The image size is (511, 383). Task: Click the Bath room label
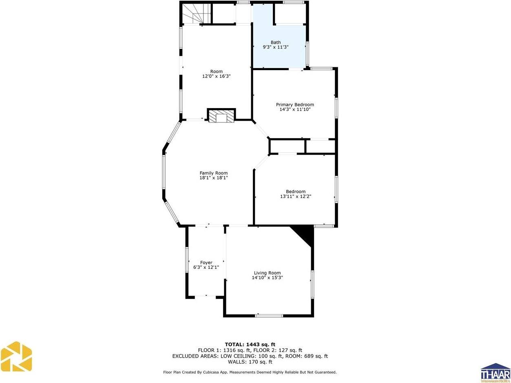click(x=276, y=42)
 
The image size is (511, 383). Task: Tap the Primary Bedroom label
click(x=295, y=105)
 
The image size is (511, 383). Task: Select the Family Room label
click(x=213, y=173)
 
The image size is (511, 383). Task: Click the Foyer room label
click(x=206, y=263)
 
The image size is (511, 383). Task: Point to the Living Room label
click(x=267, y=273)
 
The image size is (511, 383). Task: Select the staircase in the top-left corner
click(x=196, y=14)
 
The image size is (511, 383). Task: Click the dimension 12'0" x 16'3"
click(x=217, y=76)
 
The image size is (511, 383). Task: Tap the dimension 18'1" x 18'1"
click(x=213, y=178)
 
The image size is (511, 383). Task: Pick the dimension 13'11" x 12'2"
click(x=296, y=196)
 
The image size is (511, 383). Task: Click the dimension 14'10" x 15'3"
click(x=267, y=278)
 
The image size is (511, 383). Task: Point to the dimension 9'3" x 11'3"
click(x=276, y=47)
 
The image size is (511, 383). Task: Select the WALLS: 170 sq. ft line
click(x=250, y=362)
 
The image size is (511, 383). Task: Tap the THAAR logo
click(x=495, y=372)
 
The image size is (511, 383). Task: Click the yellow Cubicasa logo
click(x=16, y=356)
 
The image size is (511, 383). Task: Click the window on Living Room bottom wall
click(x=269, y=315)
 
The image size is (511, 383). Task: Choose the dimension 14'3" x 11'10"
click(x=295, y=109)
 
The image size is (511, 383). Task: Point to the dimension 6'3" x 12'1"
click(x=206, y=268)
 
